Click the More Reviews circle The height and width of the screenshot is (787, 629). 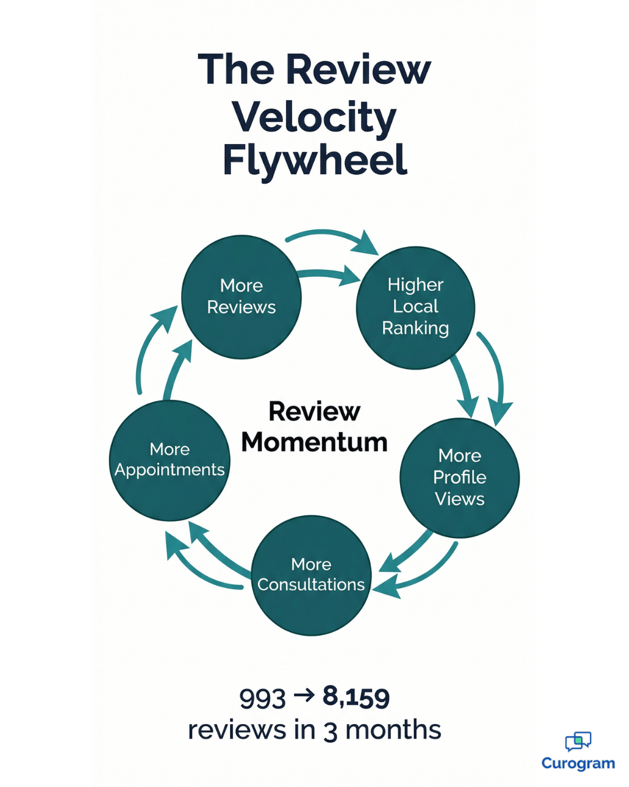(x=241, y=297)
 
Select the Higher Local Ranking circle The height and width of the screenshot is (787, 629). (x=415, y=308)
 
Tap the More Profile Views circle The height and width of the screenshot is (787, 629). (x=460, y=477)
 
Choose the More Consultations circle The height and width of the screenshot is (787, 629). (x=311, y=575)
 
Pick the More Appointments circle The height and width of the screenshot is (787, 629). (x=169, y=461)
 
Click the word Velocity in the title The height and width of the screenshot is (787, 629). (x=314, y=117)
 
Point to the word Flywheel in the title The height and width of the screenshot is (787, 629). (x=314, y=160)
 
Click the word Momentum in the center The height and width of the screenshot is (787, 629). (x=314, y=442)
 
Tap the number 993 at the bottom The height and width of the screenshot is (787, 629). (x=262, y=698)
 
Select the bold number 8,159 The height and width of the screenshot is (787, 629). (x=356, y=697)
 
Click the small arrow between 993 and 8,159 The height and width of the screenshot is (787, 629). (x=304, y=695)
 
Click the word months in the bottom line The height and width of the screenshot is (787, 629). (x=393, y=730)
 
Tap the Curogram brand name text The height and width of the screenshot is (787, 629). (x=578, y=763)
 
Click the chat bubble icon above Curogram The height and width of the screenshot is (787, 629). (x=578, y=741)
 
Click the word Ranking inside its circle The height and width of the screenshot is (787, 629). (x=415, y=329)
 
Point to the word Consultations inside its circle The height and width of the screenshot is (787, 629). (x=311, y=585)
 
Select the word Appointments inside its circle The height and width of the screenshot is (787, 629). (x=169, y=470)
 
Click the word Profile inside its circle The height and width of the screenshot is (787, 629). (x=460, y=477)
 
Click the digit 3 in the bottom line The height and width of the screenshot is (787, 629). (x=330, y=731)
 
